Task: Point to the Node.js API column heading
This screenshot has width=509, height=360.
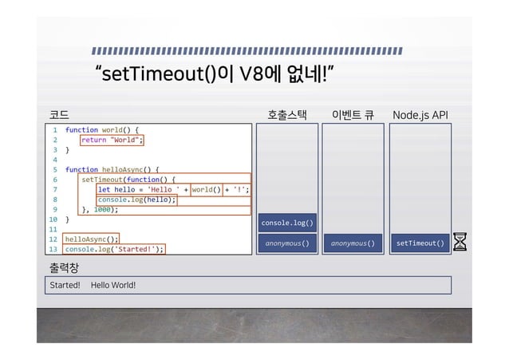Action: (x=420, y=116)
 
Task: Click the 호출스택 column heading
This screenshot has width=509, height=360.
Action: (x=287, y=116)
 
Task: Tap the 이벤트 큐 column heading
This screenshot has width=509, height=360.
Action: (x=353, y=116)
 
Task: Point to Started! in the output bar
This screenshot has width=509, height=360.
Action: (x=65, y=285)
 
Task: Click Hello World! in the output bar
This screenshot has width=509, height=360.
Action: (x=113, y=285)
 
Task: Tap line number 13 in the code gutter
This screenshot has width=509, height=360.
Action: (x=53, y=248)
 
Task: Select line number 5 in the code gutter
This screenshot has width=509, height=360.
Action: (x=54, y=169)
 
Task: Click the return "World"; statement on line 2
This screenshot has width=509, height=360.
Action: (x=112, y=140)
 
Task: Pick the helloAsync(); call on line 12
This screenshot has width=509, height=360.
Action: (x=92, y=238)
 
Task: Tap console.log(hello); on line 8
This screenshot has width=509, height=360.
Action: (x=136, y=200)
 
